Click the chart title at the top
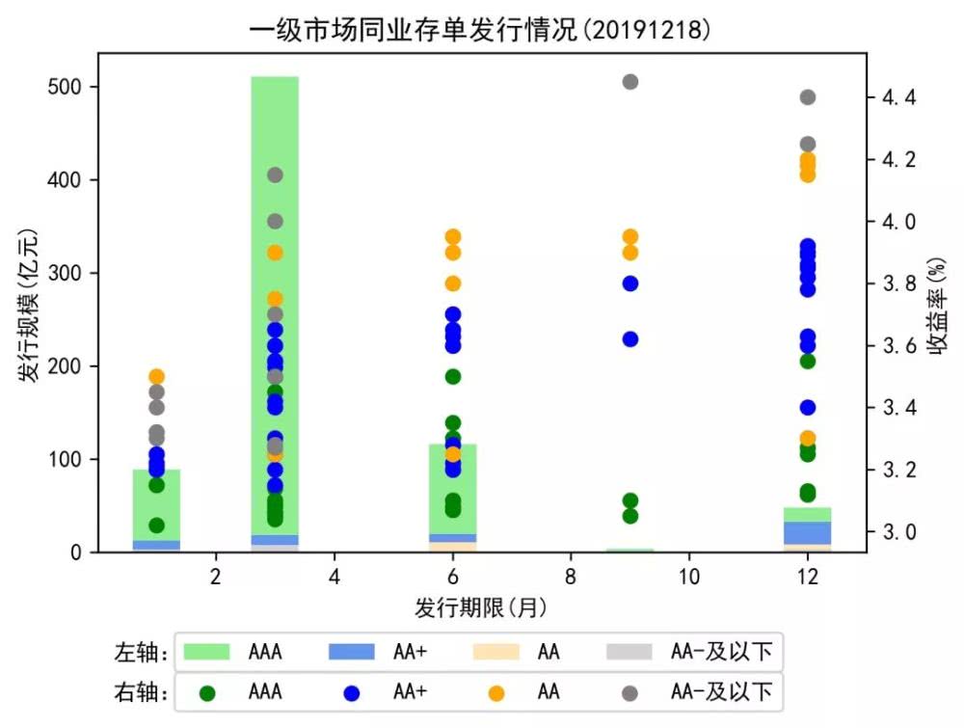(x=481, y=29)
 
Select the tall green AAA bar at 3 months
(x=275, y=289)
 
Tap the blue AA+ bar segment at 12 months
(x=808, y=532)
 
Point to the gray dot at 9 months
(x=629, y=82)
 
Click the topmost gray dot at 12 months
(x=808, y=97)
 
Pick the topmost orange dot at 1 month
(x=156, y=377)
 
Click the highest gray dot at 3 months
(x=275, y=175)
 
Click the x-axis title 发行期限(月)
(x=481, y=607)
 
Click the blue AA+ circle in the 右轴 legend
(x=352, y=691)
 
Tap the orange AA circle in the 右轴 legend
(x=496, y=691)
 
